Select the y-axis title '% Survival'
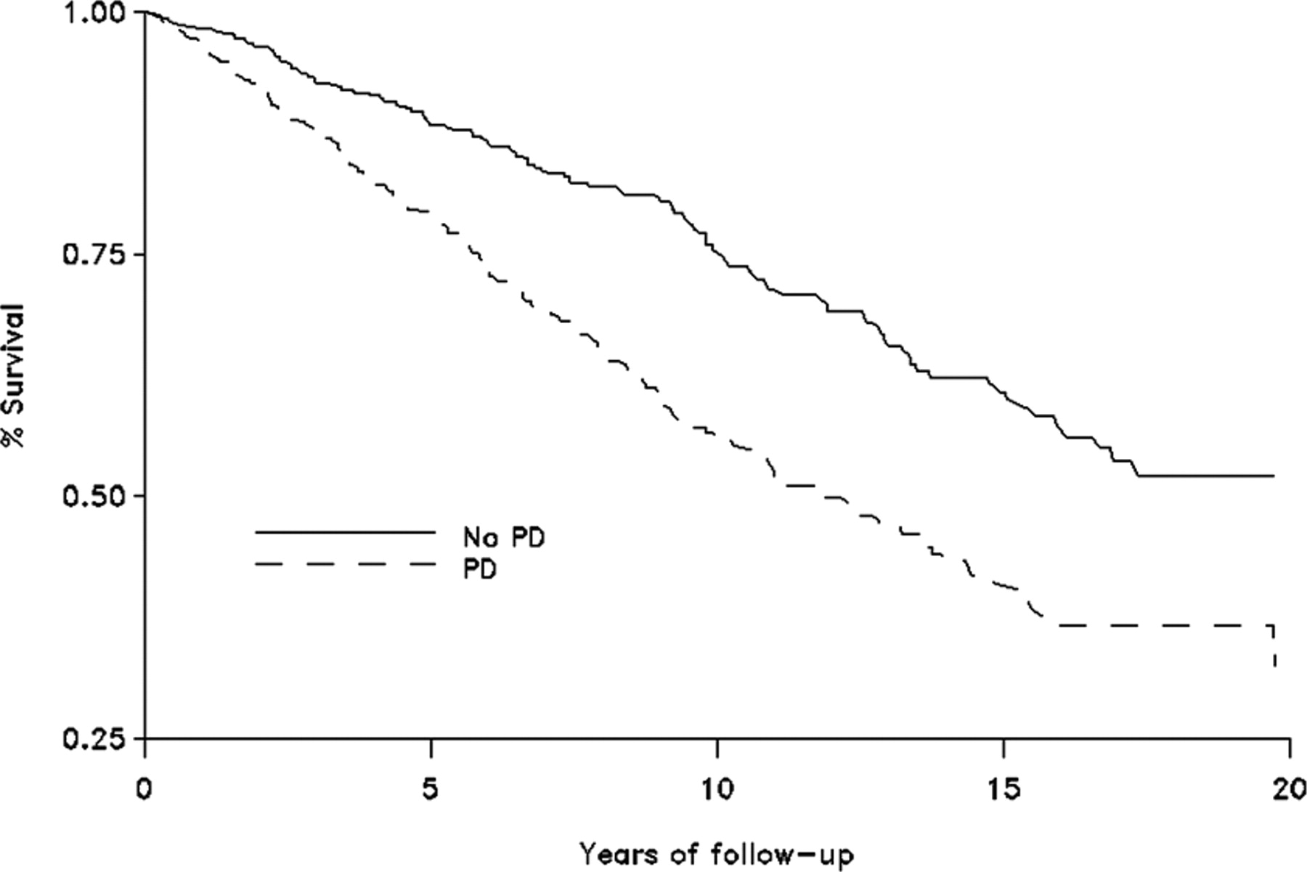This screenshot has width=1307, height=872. tap(13, 376)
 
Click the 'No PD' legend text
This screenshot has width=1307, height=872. tap(504, 538)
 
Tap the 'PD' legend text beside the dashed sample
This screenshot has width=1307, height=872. tap(480, 569)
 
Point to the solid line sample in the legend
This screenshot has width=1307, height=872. tap(345, 532)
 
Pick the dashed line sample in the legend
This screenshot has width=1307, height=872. tap(345, 563)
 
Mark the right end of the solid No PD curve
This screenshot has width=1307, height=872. tap(1273, 476)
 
